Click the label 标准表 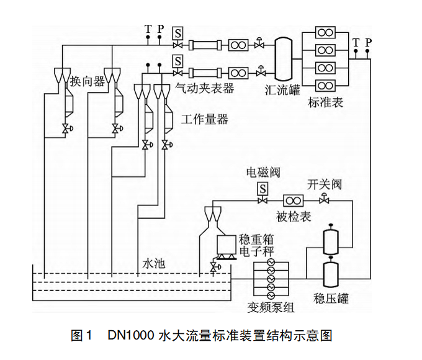click(325, 102)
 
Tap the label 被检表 click(294, 216)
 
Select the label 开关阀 click(325, 184)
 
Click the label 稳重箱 click(256, 240)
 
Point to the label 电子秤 click(256, 251)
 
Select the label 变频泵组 click(272, 308)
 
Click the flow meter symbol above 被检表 click(293, 200)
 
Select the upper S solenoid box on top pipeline click(178, 32)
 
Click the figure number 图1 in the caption click(81, 336)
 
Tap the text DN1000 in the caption click(130, 336)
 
